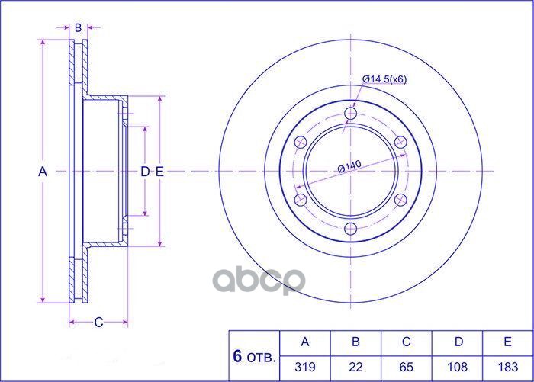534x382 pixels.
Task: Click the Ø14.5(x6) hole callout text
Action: click(384, 79)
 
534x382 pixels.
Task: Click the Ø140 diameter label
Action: click(349, 166)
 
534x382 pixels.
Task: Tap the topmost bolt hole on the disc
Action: click(350, 114)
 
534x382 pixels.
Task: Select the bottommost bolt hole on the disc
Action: click(350, 229)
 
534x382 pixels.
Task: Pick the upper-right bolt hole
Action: click(400, 142)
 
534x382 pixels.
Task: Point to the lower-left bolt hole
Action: click(301, 200)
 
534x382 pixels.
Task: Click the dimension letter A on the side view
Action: click(43, 172)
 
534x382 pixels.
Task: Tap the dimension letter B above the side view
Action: click(78, 27)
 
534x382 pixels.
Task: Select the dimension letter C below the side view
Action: click(98, 322)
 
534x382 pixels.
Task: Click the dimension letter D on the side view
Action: click(145, 172)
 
